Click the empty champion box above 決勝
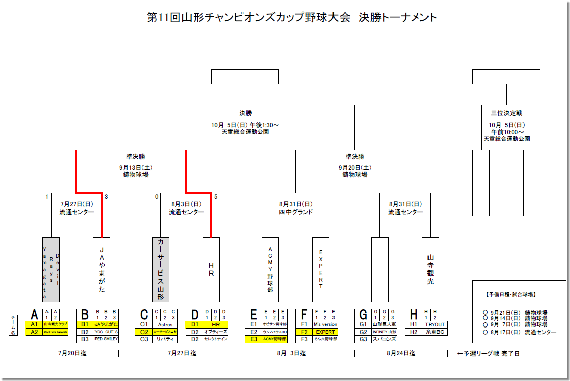245,77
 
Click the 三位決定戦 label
506,113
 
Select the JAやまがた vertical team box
102,269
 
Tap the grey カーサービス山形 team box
161,269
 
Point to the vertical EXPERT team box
321,269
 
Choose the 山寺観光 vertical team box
431,269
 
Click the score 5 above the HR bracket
216,197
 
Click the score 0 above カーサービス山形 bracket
157,197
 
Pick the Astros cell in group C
165,324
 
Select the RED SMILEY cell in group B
106,339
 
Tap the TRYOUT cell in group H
435,324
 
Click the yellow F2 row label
304,332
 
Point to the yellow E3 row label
254,339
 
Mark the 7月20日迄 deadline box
72,354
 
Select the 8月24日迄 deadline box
401,354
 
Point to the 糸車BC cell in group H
435,332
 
